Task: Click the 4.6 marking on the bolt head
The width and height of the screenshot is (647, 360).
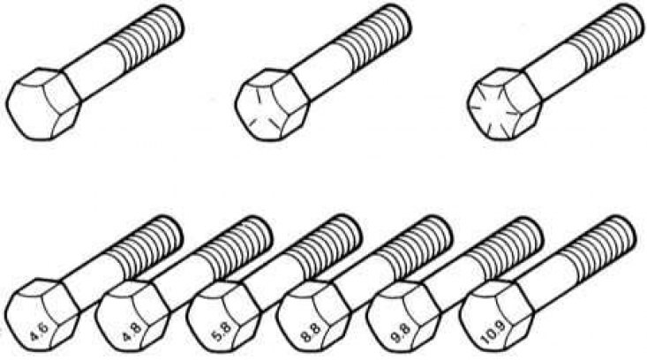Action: pos(40,329)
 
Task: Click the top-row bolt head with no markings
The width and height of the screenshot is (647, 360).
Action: pos(43,105)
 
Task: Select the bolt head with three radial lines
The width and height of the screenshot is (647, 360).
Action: pos(272,105)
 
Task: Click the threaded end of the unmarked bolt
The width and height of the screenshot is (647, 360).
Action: pos(147,35)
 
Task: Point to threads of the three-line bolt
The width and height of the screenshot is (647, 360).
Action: pos(375,36)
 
